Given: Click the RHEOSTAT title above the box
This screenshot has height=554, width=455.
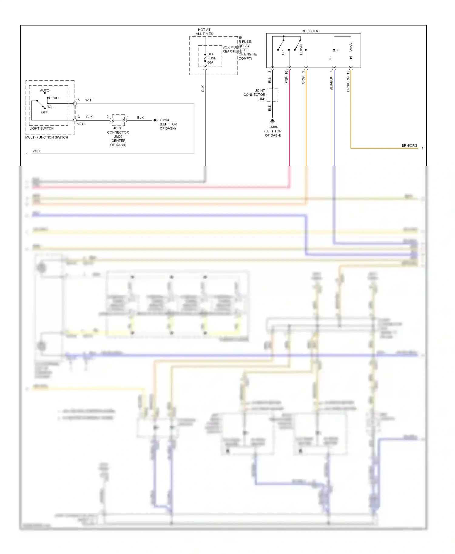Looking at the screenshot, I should (x=311, y=31).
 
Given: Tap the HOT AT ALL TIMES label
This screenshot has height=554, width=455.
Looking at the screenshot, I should (x=204, y=32).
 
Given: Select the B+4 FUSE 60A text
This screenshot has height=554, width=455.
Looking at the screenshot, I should (x=212, y=58).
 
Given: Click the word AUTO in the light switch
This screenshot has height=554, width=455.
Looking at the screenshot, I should (x=45, y=90).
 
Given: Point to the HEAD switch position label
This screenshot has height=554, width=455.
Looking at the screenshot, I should (x=54, y=98).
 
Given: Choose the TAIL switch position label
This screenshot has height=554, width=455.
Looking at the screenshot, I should (x=51, y=107).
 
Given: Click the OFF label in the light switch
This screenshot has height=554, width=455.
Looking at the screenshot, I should (x=44, y=112).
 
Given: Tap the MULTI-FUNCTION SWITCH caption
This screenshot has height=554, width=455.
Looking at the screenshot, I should (x=47, y=137).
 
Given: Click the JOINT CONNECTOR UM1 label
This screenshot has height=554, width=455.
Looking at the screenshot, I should (x=254, y=95).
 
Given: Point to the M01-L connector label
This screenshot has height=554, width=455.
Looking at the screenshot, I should (x=81, y=124).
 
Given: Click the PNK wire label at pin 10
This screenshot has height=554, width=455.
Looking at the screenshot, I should (x=286, y=80).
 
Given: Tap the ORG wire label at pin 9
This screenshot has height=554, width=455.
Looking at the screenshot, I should (x=303, y=80).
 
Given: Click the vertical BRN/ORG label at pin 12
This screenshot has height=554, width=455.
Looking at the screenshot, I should (x=348, y=84).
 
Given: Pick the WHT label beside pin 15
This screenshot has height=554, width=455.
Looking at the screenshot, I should (x=89, y=100).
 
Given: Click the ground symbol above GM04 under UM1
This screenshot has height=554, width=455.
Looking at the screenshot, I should (x=272, y=121).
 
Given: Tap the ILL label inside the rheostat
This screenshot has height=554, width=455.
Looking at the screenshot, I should (x=330, y=58).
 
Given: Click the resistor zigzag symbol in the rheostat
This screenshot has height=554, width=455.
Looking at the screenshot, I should (x=351, y=47).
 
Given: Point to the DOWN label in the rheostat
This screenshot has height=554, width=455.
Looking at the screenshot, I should (x=301, y=49).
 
